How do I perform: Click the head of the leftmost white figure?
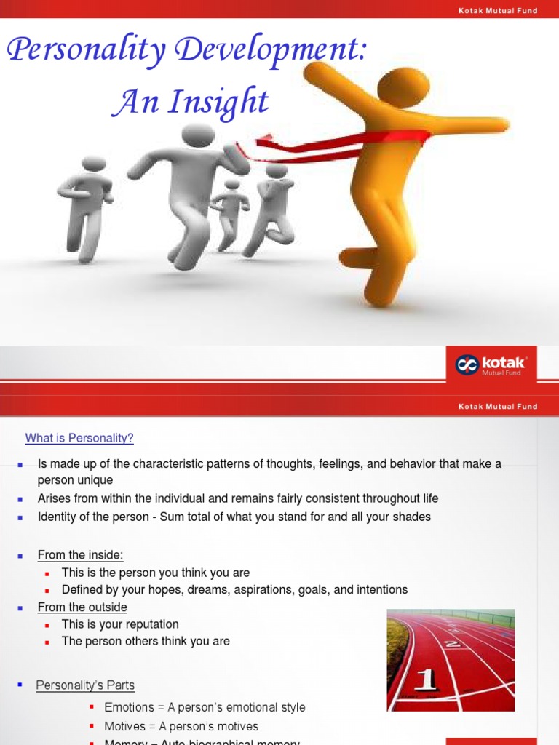pos(94,164)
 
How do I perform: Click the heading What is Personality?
pos(79,438)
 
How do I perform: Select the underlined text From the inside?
pos(81,555)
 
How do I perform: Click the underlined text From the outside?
pos(82,607)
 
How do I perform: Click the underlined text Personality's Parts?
pos(85,685)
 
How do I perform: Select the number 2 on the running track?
pos(453,643)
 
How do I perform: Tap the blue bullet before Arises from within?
pos(20,499)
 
